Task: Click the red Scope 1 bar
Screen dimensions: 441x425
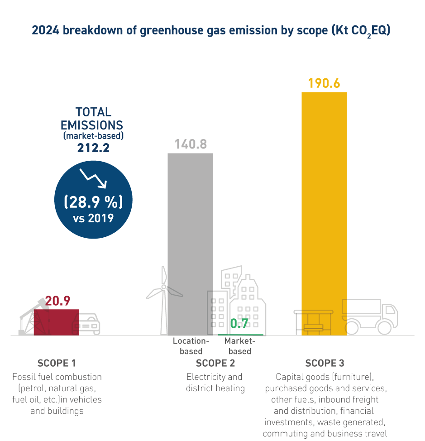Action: pos(56,322)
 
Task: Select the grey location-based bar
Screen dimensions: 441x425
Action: pos(190,244)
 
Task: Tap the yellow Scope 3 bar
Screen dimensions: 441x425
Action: pos(324,213)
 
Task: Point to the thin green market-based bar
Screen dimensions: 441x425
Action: pos(240,335)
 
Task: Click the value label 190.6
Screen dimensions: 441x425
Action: pos(324,84)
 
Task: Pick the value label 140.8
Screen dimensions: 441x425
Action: pos(191,144)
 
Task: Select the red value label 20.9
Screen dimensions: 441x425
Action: pos(57,301)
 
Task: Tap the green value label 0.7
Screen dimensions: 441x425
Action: pos(239,324)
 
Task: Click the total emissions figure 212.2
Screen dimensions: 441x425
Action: pos(93,148)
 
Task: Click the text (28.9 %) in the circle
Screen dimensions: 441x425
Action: pos(93,201)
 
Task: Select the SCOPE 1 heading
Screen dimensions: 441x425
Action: pos(57,363)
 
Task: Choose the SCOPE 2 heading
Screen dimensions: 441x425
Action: pos(215,363)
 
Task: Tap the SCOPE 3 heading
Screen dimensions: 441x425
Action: pos(325,363)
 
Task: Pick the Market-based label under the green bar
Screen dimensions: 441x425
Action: pos(240,346)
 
